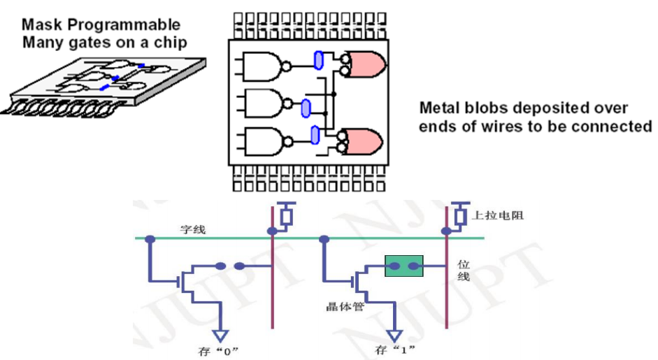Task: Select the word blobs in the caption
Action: click(x=483, y=109)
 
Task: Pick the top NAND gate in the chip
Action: click(x=263, y=66)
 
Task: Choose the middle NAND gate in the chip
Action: click(x=263, y=105)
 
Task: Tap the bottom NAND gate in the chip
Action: click(x=263, y=143)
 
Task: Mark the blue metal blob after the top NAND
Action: click(x=319, y=61)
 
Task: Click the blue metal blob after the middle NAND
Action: click(x=305, y=108)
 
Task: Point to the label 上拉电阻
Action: click(x=497, y=215)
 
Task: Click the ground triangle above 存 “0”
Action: click(x=222, y=334)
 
